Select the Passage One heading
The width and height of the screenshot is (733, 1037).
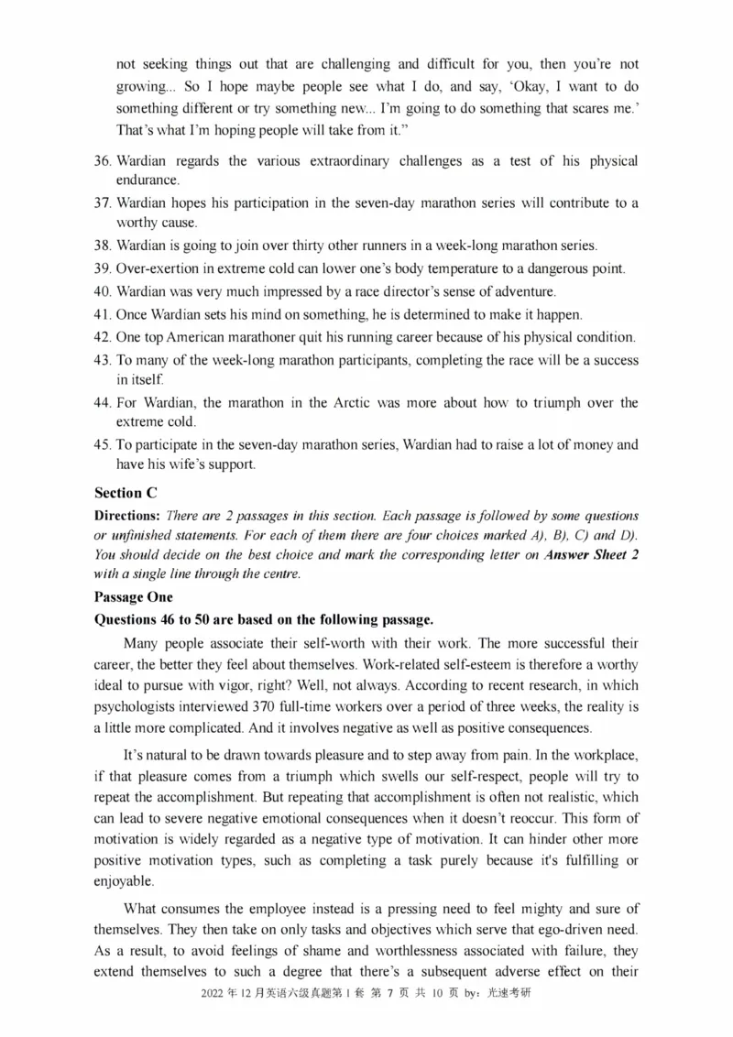tap(134, 596)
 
